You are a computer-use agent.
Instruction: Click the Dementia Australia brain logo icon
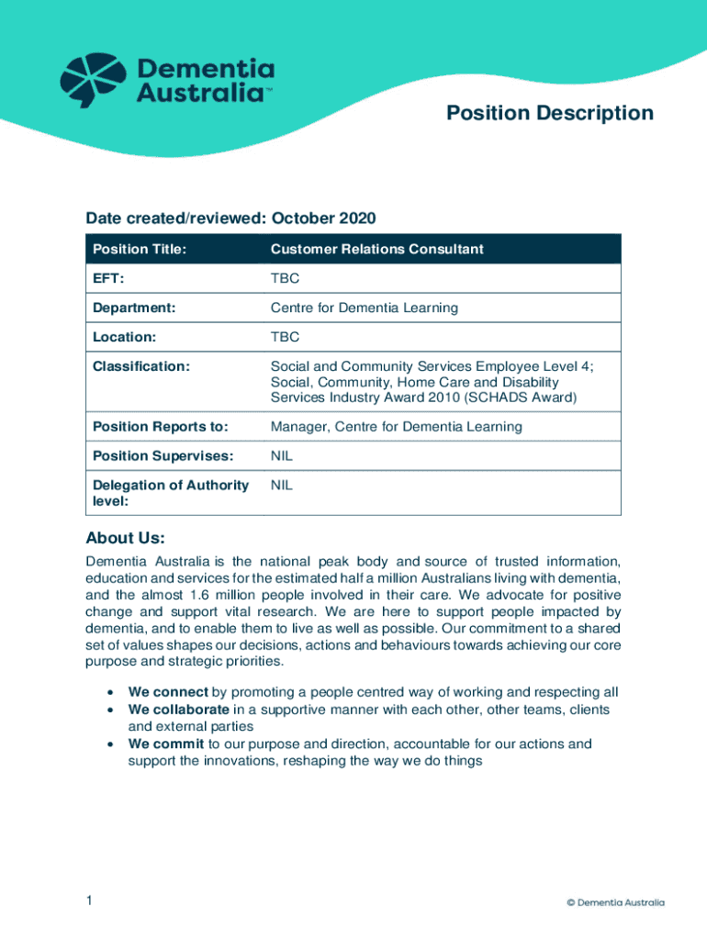(x=92, y=80)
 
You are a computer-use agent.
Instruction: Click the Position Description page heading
(x=549, y=113)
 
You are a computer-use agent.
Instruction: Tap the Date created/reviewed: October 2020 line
(x=230, y=218)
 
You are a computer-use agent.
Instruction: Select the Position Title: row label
(x=139, y=250)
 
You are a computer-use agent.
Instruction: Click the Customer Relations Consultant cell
(x=376, y=250)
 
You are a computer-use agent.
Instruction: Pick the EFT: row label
(x=108, y=278)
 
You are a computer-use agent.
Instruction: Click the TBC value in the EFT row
(x=285, y=278)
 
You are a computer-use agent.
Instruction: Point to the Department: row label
(x=134, y=308)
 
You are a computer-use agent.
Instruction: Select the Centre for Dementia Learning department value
(x=364, y=308)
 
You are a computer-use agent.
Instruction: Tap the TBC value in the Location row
(x=285, y=337)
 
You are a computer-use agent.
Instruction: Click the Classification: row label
(x=141, y=366)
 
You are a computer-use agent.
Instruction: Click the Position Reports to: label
(x=160, y=427)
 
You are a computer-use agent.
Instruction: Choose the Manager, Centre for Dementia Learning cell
(x=396, y=427)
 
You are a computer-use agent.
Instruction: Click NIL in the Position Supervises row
(x=281, y=455)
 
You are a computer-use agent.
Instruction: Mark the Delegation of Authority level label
(x=171, y=493)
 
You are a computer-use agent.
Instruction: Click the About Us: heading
(x=125, y=538)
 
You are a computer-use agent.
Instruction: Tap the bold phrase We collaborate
(x=178, y=710)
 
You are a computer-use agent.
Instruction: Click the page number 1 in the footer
(x=89, y=901)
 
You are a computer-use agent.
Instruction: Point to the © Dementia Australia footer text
(x=615, y=902)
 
